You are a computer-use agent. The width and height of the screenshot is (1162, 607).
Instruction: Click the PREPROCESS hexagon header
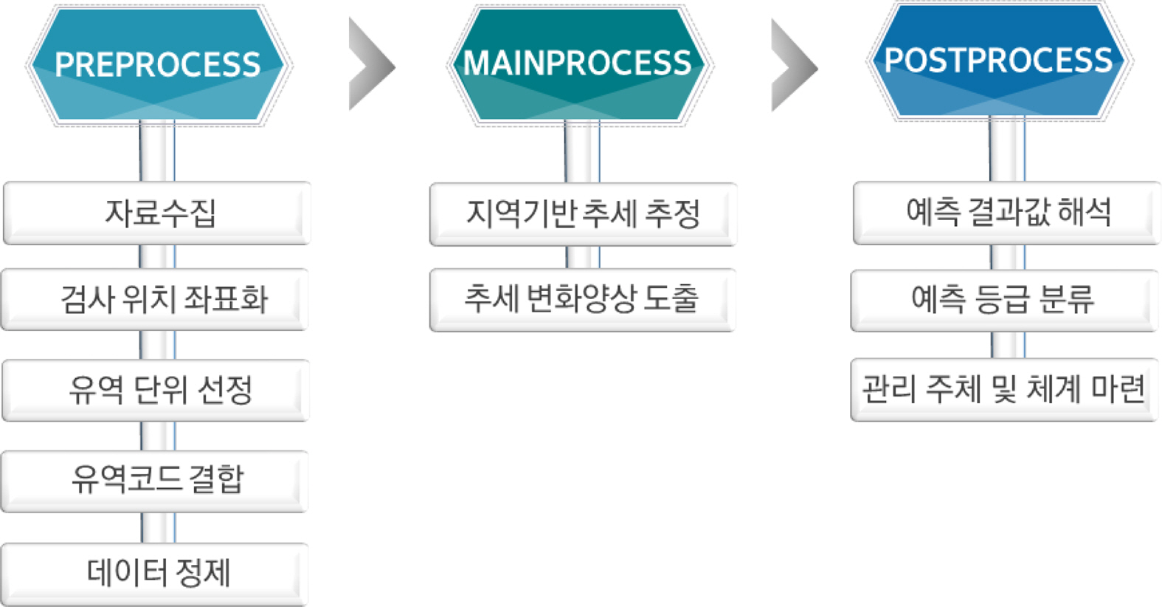point(158,65)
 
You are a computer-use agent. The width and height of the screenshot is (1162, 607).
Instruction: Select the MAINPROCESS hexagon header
point(577,64)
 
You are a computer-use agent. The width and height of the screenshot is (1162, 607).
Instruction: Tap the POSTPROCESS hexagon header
point(998,61)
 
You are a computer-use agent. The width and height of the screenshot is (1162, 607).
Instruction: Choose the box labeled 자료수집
point(158,213)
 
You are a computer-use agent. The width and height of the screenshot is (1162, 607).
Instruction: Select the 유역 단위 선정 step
point(156,390)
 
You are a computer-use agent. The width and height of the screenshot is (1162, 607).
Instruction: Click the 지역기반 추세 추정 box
point(583,213)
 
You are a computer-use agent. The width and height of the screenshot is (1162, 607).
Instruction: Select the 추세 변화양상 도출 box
point(582,299)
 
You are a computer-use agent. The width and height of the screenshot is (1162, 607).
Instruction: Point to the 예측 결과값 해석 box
point(1006,213)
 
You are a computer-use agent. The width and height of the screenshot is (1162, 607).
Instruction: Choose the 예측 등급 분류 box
point(1004,299)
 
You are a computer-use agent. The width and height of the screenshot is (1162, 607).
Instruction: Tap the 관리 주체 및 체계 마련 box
point(1004,389)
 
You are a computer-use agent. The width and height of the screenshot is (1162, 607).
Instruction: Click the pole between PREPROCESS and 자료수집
point(157,151)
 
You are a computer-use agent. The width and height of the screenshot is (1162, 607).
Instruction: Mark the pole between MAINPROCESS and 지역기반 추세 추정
point(582,151)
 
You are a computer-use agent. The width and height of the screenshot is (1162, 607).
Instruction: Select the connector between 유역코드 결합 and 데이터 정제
point(158,527)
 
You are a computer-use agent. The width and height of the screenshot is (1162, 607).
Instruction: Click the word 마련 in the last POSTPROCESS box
point(1118,389)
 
